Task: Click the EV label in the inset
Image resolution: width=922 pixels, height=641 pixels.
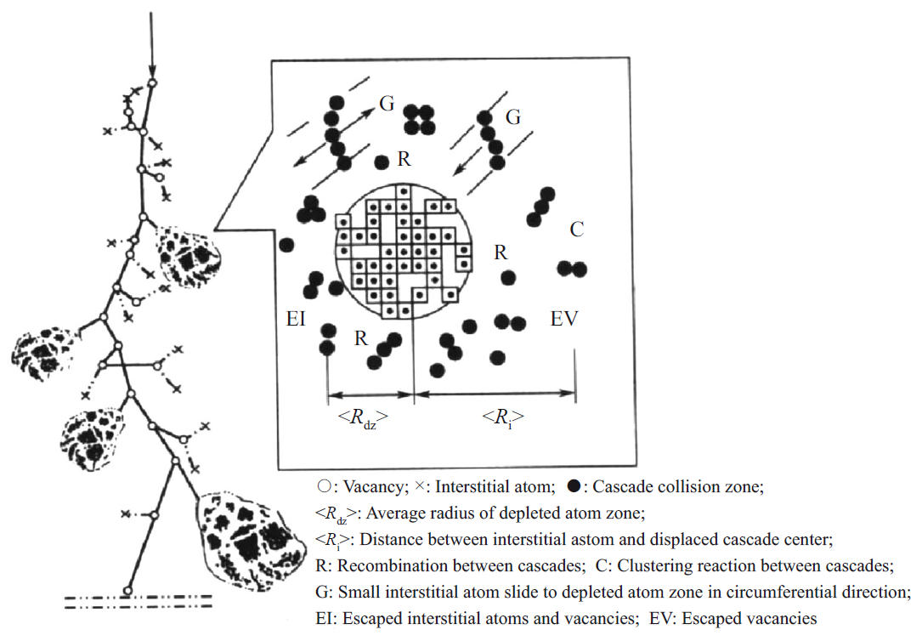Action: click(565, 320)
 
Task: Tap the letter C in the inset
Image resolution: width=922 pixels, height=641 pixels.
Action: click(577, 230)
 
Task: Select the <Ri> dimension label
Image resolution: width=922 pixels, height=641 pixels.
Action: click(502, 418)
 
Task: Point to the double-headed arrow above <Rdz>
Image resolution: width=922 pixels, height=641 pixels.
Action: click(370, 394)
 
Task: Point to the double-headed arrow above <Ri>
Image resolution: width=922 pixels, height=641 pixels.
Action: click(495, 394)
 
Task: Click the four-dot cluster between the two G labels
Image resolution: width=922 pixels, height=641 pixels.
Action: click(419, 120)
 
